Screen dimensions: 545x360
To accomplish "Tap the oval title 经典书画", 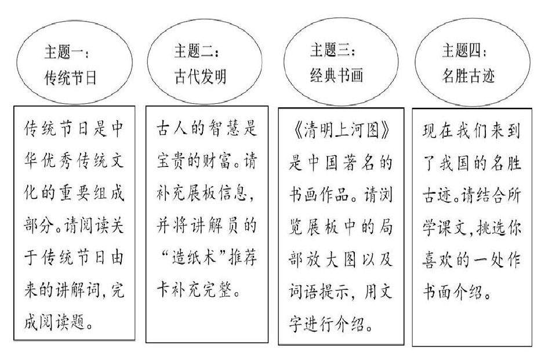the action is (334, 75).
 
